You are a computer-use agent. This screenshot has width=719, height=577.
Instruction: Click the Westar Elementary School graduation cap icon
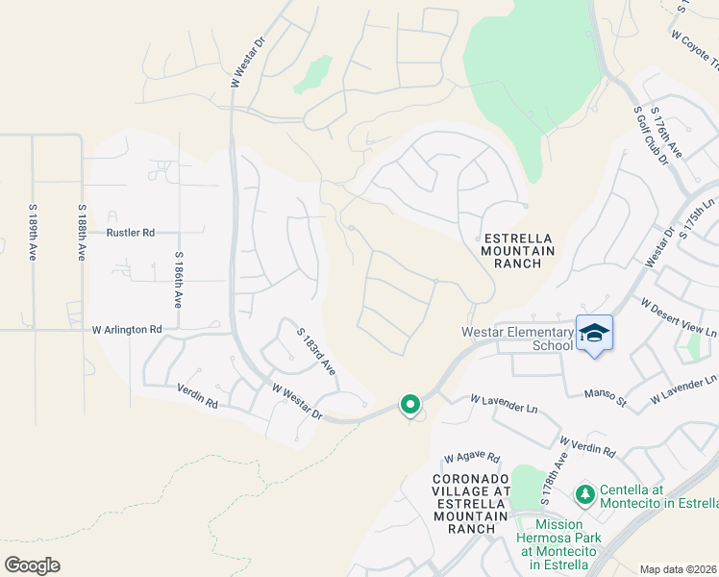click(594, 334)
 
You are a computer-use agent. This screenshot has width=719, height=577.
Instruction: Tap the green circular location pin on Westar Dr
click(410, 406)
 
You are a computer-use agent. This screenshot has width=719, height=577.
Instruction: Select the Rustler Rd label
click(131, 233)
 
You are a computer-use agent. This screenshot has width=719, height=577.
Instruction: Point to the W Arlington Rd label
click(127, 329)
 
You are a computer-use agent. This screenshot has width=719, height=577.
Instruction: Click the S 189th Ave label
click(33, 232)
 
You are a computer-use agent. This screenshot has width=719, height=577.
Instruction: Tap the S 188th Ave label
click(82, 232)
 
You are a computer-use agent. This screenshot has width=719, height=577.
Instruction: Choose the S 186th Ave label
click(178, 279)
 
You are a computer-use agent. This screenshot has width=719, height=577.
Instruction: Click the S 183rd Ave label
click(315, 352)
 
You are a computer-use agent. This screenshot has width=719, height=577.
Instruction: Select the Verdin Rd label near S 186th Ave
click(198, 395)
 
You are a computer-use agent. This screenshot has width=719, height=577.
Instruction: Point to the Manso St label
click(606, 392)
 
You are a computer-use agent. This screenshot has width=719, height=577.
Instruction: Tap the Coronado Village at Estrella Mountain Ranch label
click(470, 503)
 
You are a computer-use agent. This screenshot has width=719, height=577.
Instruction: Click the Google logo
click(32, 565)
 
